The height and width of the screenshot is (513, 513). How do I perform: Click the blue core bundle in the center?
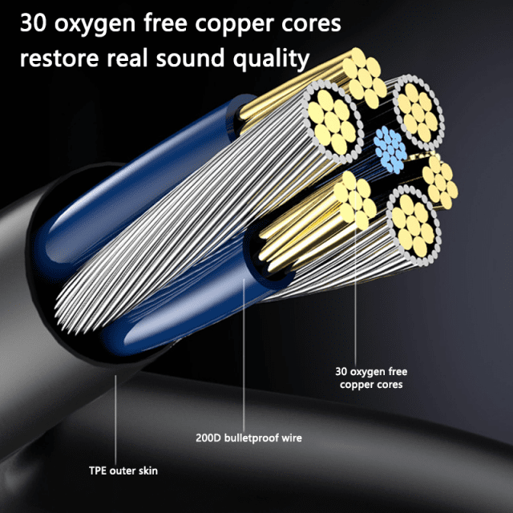tap(390, 147)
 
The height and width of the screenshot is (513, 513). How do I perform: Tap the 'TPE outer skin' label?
tap(123, 471)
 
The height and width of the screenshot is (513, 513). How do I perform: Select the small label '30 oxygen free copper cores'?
tap(371, 378)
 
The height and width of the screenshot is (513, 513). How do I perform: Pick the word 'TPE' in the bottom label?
tap(99, 471)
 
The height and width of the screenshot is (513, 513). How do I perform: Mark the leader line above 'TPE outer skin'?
tap(117, 417)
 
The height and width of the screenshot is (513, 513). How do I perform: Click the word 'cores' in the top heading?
tap(312, 24)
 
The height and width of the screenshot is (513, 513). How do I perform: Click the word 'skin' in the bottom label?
tap(147, 471)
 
